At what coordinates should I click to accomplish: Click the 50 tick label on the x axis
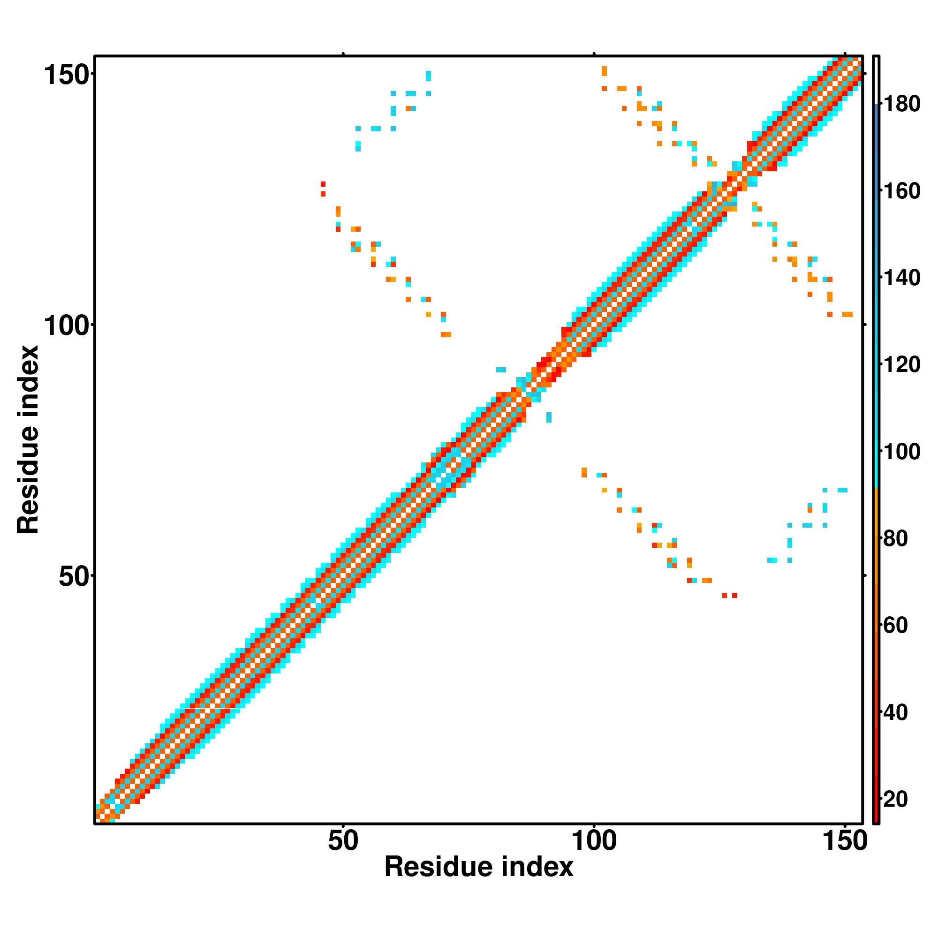(x=343, y=841)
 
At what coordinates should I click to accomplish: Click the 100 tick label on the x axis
(x=594, y=841)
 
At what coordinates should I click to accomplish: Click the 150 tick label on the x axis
(x=845, y=841)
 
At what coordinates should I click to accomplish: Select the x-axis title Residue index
(x=479, y=867)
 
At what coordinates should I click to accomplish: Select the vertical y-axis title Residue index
(x=28, y=439)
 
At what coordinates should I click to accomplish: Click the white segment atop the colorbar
(x=877, y=80)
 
